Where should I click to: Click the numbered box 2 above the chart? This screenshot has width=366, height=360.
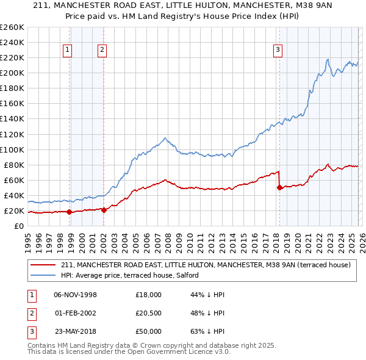coord(102,50)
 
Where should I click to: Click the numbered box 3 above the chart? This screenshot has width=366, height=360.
coord(278,50)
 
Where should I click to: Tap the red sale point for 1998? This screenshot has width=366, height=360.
coord(69,212)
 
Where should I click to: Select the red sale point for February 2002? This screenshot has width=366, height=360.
coord(104,211)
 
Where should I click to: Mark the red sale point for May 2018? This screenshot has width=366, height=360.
coord(280,188)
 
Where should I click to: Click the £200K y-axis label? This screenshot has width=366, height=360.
coord(12,73)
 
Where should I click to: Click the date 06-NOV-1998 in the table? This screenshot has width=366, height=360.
coord(75,295)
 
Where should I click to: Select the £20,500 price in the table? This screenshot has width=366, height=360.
coord(149,313)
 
